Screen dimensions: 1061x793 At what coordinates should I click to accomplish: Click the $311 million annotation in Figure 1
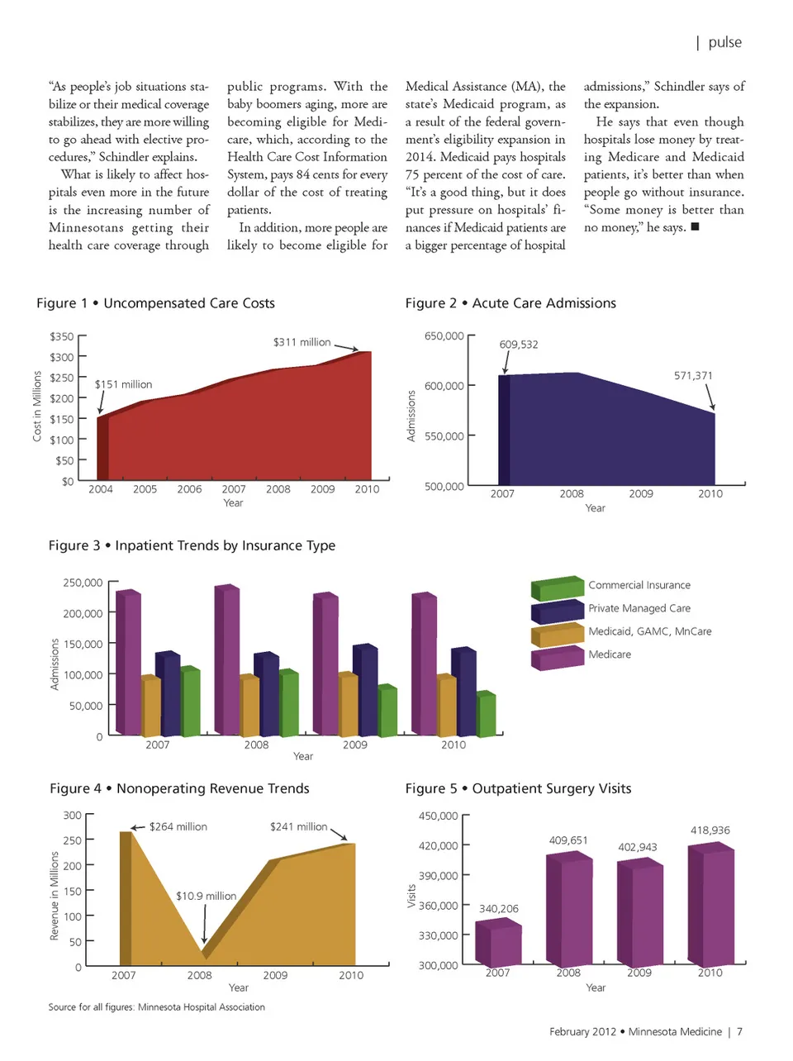(x=302, y=342)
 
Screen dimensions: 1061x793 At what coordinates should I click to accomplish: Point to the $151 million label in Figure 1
(x=123, y=384)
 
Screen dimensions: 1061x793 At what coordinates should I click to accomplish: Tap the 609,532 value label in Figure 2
(x=518, y=345)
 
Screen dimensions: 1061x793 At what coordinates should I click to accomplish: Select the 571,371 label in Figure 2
(x=693, y=376)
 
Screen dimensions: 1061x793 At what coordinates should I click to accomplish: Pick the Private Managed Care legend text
(x=639, y=608)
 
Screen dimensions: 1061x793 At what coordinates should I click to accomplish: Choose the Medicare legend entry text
(x=609, y=654)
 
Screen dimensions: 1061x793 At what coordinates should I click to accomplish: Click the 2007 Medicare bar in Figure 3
(x=129, y=661)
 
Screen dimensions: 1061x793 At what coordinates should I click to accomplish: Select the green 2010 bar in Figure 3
(x=487, y=715)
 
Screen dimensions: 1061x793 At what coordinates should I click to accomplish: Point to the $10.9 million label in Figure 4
(x=206, y=896)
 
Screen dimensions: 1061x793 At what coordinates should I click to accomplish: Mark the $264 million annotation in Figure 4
(x=178, y=826)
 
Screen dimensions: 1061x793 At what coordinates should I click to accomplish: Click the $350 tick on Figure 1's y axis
(x=61, y=337)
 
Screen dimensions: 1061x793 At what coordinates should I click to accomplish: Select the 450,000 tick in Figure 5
(x=438, y=816)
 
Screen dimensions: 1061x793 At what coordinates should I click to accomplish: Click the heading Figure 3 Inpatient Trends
(x=192, y=545)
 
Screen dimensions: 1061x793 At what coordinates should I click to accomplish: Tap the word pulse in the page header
(x=724, y=43)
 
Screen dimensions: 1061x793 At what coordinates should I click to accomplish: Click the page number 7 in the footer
(x=739, y=1031)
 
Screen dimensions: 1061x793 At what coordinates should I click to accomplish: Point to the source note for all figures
(x=156, y=1007)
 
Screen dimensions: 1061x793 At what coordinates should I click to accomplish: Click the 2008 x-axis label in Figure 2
(x=571, y=494)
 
